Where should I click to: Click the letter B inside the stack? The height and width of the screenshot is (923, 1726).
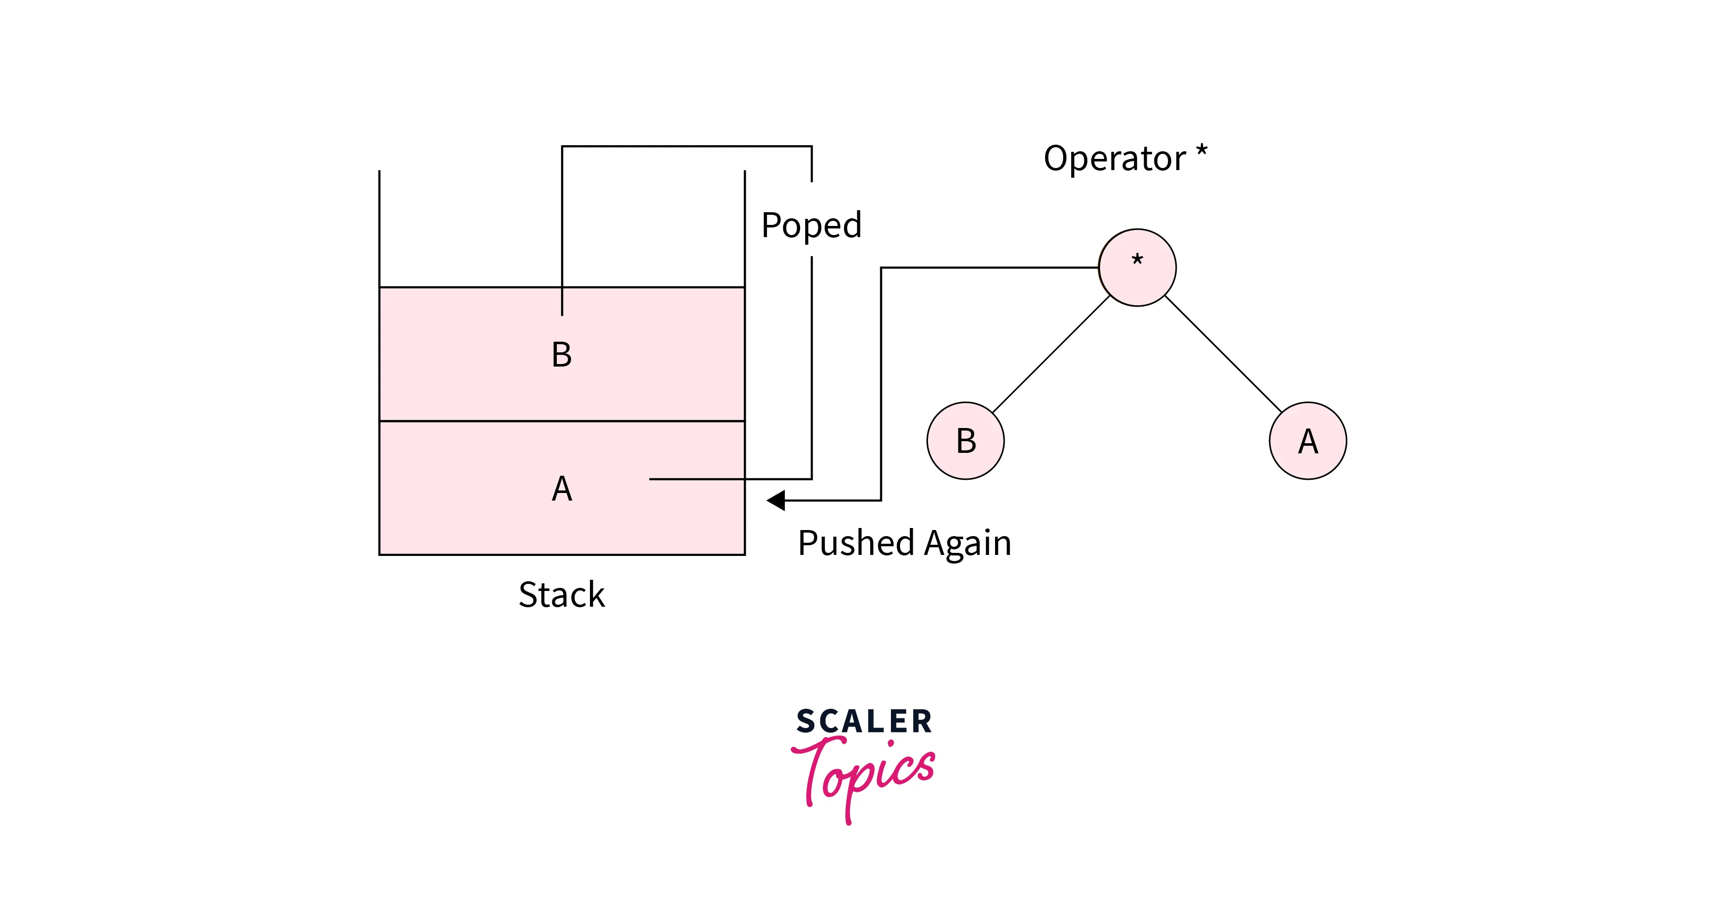(x=561, y=354)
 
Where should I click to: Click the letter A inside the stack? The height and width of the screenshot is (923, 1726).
(x=561, y=488)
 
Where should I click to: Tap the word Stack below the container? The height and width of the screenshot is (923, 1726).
(x=561, y=595)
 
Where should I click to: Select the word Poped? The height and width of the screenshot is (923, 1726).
(x=811, y=226)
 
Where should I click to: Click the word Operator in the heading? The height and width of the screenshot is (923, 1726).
(x=1114, y=159)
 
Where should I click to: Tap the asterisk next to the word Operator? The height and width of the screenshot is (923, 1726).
(x=1202, y=151)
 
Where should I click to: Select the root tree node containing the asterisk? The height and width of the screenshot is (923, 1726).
(x=1137, y=268)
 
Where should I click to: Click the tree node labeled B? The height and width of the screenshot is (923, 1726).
(x=966, y=440)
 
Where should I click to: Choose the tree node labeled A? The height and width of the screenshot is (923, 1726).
(x=1308, y=440)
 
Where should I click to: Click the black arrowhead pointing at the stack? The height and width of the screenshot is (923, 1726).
(x=776, y=500)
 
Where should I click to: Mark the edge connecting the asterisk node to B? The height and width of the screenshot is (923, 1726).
(x=1051, y=354)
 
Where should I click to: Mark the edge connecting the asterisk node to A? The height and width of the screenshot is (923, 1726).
(x=1223, y=354)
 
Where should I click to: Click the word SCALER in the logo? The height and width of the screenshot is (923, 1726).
(x=864, y=722)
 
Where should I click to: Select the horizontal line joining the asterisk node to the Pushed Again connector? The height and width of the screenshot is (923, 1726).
(x=989, y=268)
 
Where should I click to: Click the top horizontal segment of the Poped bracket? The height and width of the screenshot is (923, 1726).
(x=687, y=146)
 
